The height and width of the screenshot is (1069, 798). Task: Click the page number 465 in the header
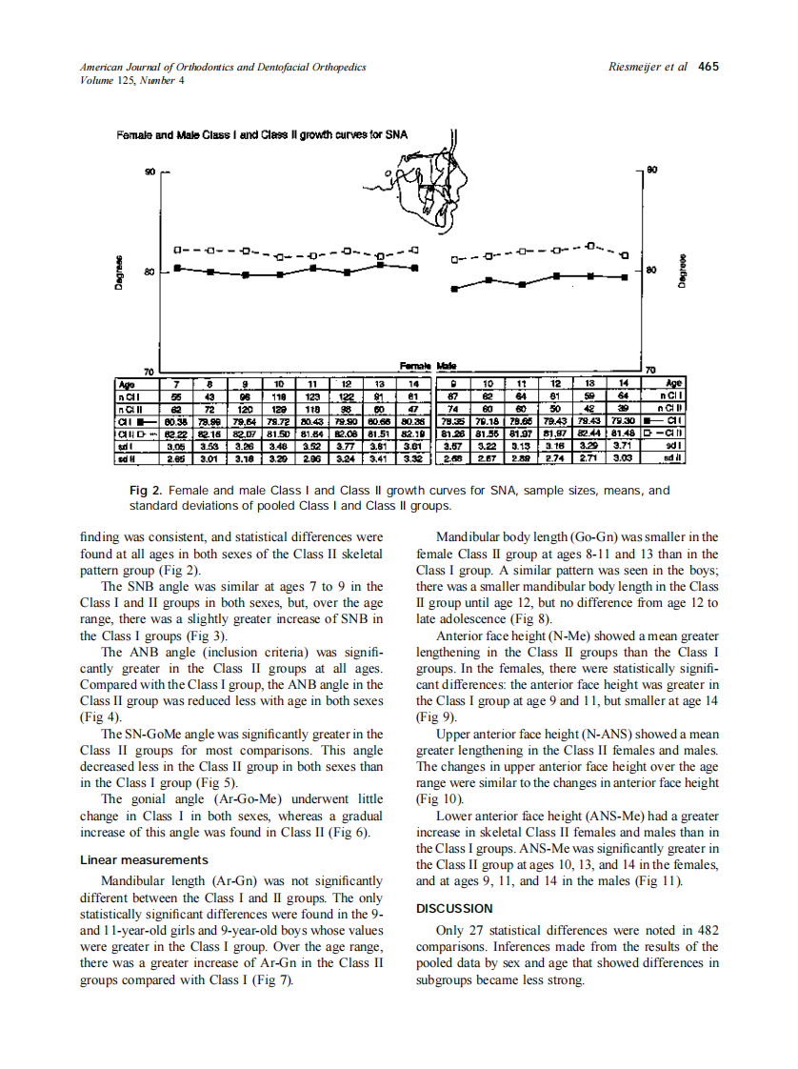pos(708,67)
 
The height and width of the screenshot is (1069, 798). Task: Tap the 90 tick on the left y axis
pos(150,171)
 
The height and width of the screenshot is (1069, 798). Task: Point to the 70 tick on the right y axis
pos(651,370)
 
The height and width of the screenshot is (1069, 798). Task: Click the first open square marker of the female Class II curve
pos(178,251)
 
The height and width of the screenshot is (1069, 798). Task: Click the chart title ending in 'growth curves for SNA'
pos(262,134)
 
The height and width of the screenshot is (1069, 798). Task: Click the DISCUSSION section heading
pos(454,908)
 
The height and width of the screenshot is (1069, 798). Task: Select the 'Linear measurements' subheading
pos(144,860)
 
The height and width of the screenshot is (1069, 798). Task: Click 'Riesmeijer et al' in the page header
pos(647,67)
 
